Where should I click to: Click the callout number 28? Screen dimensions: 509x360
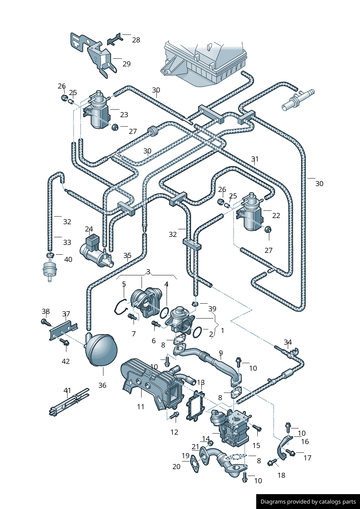coord(136,40)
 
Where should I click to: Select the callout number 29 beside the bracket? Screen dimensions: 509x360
coord(126,64)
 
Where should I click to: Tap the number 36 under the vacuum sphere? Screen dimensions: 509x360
coord(102,385)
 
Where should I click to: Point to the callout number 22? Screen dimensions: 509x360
coord(276,215)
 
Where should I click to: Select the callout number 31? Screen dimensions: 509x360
coord(255,159)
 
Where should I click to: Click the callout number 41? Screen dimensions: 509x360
coord(67,390)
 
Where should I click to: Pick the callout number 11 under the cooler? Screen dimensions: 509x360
coord(140,407)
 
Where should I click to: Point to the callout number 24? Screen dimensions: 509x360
coord(89,229)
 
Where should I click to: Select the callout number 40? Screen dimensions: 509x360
coord(68,259)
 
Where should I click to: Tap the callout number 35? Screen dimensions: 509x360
coord(127,255)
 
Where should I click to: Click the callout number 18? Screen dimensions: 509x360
coord(281,475)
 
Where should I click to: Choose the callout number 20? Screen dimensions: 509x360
coord(176,467)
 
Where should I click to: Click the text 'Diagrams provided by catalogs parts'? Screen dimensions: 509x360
coord(308,502)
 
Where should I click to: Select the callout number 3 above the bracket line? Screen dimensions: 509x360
coord(148,272)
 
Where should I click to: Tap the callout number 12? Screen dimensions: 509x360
coord(174,432)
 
